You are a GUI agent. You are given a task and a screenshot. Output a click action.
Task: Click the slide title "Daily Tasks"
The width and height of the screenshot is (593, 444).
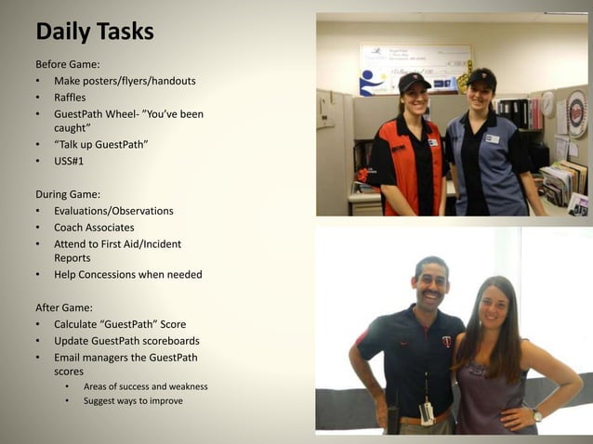[94, 32]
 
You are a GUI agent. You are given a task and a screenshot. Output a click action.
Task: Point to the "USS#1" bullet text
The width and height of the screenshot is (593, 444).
[69, 161]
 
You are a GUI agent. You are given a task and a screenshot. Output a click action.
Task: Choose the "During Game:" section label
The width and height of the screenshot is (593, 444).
[72, 194]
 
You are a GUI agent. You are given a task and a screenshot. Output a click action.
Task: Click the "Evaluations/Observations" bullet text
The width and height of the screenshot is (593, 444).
[113, 211]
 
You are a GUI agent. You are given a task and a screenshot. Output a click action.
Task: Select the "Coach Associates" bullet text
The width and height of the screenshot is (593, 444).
[94, 228]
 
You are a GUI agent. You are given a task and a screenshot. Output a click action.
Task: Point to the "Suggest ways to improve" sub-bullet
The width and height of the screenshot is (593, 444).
[133, 400]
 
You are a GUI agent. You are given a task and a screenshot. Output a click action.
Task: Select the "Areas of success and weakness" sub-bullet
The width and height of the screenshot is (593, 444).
[145, 386]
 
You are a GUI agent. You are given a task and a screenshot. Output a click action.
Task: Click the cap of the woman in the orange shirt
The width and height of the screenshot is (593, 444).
[414, 82]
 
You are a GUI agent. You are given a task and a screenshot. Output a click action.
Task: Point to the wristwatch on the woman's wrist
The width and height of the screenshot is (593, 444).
[537, 414]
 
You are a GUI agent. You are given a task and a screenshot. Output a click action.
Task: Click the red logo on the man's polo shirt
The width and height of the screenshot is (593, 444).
[446, 342]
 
